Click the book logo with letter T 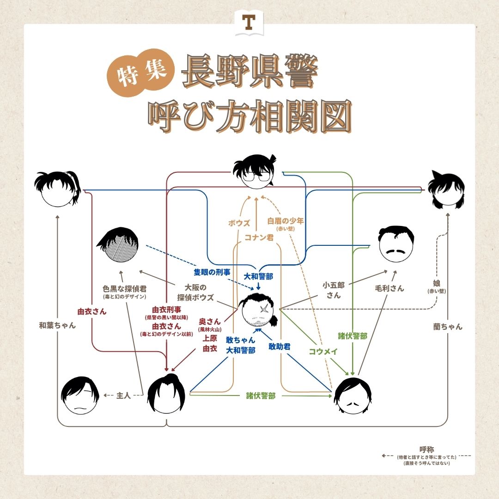[x=249, y=23]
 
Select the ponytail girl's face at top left [x=57, y=189]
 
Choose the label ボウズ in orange [x=239, y=223]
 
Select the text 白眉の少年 [x=286, y=221]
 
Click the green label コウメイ [x=323, y=351]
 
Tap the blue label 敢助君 [x=280, y=346]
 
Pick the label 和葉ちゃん [x=57, y=325]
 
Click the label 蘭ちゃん [x=447, y=327]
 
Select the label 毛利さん [x=389, y=288]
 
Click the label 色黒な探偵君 [x=124, y=288]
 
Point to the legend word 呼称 [x=427, y=449]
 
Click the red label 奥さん [x=210, y=321]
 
